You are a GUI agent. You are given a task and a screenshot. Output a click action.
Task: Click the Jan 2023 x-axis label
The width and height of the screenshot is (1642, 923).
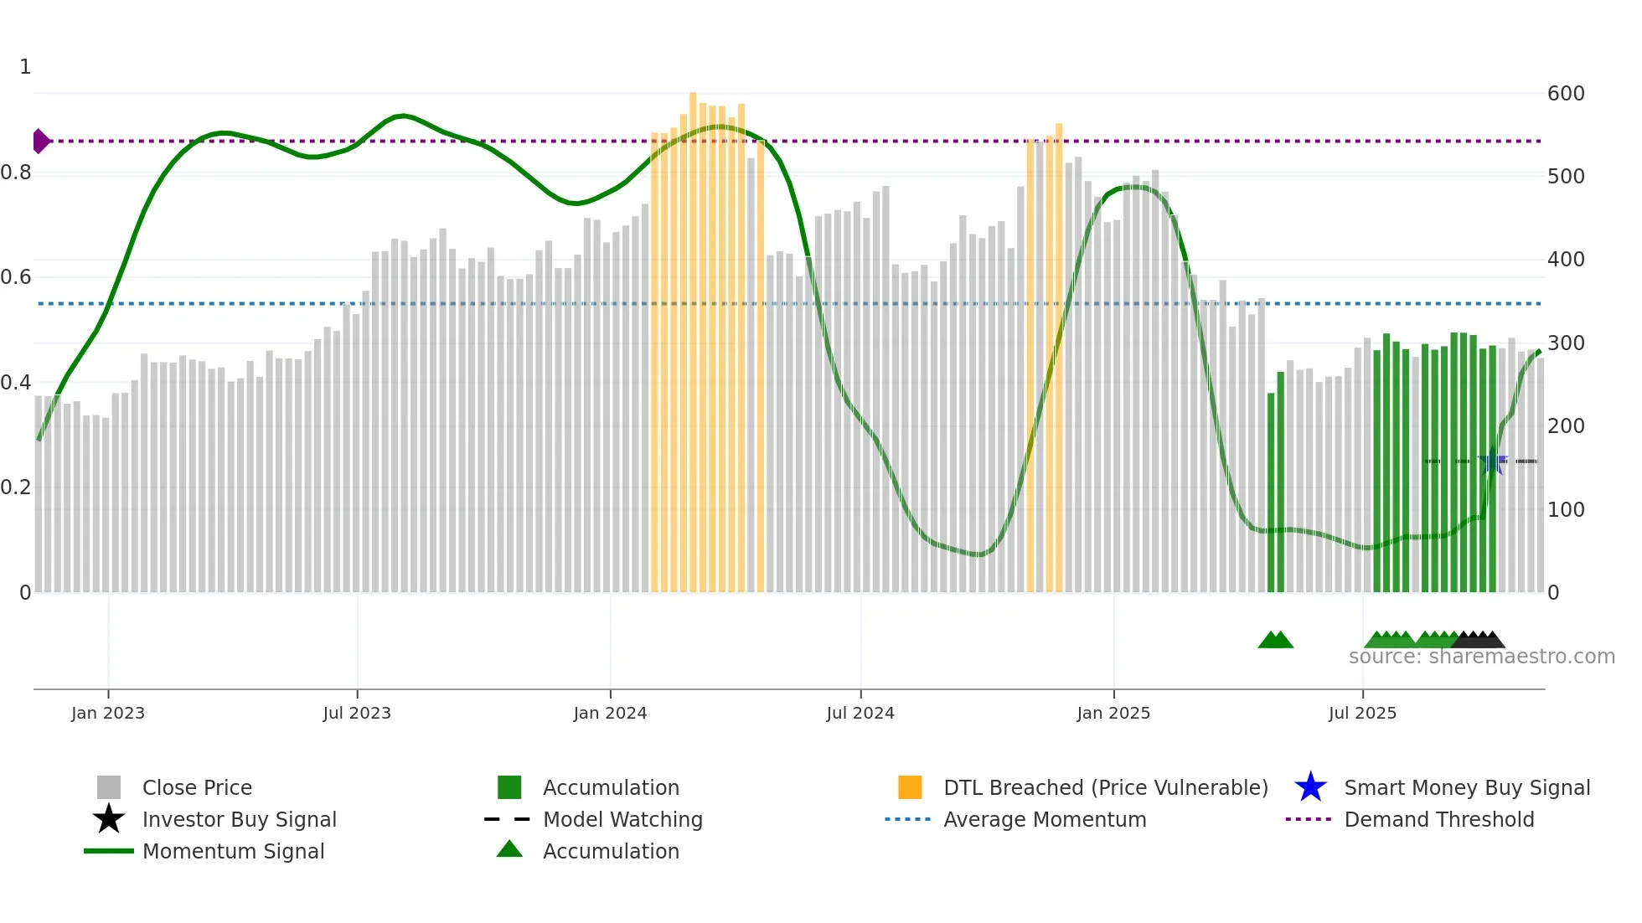coord(108,713)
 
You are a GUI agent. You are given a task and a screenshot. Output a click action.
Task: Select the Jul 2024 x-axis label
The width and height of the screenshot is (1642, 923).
coord(860,713)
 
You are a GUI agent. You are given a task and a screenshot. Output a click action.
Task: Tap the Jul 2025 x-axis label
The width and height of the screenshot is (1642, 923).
coord(1362,713)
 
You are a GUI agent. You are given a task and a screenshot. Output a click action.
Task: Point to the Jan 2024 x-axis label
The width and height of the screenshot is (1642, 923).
coord(610,713)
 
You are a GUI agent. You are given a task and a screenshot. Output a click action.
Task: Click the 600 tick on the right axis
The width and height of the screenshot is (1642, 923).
coord(1566,94)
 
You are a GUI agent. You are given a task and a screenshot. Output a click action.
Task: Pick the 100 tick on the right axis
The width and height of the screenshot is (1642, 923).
coord(1566,509)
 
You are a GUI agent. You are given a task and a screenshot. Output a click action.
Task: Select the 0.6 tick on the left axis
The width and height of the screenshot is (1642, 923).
coord(16,277)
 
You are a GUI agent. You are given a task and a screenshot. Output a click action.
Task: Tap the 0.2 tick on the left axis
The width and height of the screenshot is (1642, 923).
coord(16,487)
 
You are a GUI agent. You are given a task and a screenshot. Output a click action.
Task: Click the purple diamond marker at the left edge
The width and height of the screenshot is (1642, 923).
coord(40,142)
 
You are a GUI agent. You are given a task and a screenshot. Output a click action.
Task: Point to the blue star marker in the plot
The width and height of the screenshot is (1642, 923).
coord(1492,461)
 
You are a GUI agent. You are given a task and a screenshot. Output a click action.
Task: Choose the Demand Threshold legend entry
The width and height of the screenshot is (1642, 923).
coord(1438,819)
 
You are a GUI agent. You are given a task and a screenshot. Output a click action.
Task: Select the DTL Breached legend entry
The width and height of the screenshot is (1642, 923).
coord(1105,787)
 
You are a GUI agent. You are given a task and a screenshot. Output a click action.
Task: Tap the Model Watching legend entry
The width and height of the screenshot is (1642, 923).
coord(622,819)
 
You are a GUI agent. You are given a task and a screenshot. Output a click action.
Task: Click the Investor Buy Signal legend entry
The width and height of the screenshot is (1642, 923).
coord(239,819)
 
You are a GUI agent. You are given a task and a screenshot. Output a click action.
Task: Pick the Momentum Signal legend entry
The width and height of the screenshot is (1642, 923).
coord(233,851)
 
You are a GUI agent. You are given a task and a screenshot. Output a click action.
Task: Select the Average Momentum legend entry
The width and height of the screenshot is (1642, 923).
coord(1045,819)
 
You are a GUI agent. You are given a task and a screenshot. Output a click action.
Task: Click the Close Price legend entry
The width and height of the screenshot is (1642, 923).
coord(197,787)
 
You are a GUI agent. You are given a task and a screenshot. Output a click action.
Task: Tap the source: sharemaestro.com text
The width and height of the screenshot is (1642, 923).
coord(1481,657)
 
